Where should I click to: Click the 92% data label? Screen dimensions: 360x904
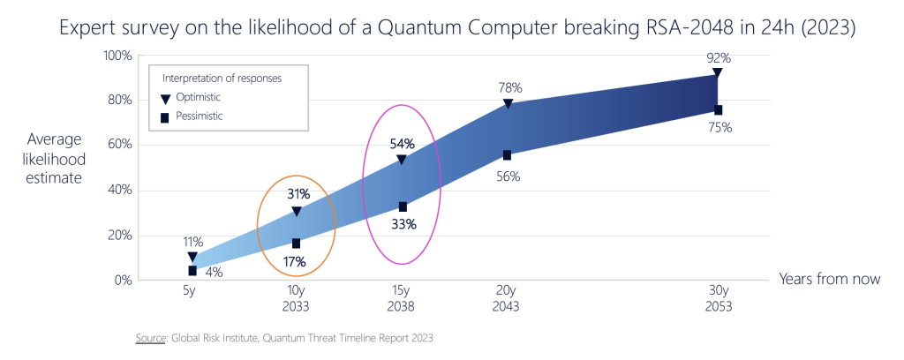719,57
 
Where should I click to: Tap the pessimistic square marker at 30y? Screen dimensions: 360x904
718,110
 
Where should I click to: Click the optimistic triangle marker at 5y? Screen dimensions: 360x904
192,257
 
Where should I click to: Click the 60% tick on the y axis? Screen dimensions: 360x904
119,145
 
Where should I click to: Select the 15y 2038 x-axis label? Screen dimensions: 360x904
402,298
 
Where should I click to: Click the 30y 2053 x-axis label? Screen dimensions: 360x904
718,298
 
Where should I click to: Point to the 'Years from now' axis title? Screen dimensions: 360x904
830,279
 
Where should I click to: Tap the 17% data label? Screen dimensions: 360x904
295,261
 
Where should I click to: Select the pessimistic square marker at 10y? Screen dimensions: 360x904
297,244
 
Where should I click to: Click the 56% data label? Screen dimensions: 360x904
508,176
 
